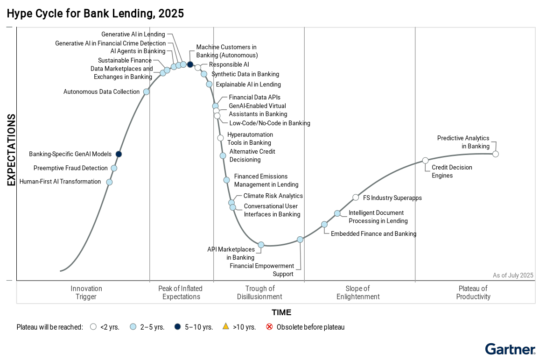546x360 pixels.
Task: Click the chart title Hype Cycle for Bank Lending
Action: [95, 14]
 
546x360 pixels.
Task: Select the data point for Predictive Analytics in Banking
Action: [496, 154]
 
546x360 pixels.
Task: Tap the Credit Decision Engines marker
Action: [425, 161]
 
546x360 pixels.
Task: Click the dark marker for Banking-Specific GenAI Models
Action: [119, 154]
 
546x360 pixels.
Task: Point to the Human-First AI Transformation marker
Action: [109, 182]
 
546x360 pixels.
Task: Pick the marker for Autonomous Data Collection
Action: [146, 92]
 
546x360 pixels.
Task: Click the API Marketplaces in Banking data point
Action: [261, 245]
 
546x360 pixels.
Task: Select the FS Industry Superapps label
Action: [392, 198]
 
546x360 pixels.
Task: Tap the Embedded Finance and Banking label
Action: [373, 234]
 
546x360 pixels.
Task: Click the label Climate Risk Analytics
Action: [273, 196]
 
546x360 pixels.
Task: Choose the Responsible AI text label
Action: [229, 65]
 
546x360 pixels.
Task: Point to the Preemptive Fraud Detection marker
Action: [114, 168]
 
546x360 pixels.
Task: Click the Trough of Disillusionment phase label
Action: [259, 293]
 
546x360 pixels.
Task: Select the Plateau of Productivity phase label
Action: [473, 293]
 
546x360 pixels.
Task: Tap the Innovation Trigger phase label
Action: [86, 293]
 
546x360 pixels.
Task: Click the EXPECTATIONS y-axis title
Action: [11, 149]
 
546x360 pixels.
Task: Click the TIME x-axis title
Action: [281, 312]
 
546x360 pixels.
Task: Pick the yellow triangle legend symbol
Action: [225, 327]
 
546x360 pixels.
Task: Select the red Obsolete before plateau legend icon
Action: [269, 327]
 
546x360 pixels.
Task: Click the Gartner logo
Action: [510, 349]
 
